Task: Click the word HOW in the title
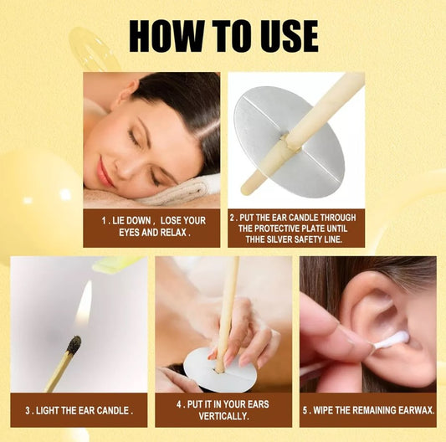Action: pyautogui.click(x=167, y=36)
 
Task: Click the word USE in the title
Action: pyautogui.click(x=285, y=36)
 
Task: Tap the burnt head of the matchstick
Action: pyautogui.click(x=74, y=345)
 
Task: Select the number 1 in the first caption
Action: pyautogui.click(x=105, y=220)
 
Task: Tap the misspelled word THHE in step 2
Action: pyautogui.click(x=255, y=239)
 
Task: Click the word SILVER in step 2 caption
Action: pyautogui.click(x=279, y=239)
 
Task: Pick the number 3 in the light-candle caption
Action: pyautogui.click(x=28, y=410)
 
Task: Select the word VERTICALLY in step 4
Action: pyautogui.click(x=224, y=416)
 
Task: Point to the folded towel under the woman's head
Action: pyautogui.click(x=182, y=191)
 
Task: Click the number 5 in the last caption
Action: pyautogui.click(x=305, y=410)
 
